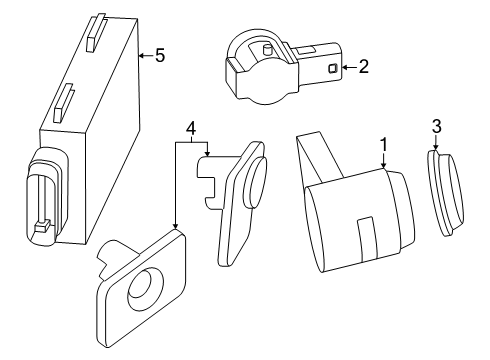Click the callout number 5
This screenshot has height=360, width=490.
click(160, 55)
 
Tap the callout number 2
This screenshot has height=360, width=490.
click(364, 67)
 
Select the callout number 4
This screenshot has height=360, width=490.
click(191, 128)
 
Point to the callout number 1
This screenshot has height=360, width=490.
click(384, 145)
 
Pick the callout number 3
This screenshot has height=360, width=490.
click(436, 126)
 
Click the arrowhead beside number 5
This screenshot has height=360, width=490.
click(142, 55)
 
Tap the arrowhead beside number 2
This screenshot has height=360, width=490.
click(345, 67)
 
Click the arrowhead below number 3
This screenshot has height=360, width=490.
click(436, 148)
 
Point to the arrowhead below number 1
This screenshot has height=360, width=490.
click(384, 165)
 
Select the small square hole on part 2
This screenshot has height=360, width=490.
click(333, 68)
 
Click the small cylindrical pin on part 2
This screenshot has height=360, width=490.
click(267, 50)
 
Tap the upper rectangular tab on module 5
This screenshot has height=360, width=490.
click(96, 33)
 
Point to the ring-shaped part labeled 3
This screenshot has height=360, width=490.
click(446, 193)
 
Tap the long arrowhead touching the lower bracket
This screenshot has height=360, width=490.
click(175, 226)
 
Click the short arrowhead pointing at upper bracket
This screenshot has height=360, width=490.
click(207, 153)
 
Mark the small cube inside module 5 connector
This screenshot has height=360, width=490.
click(42, 227)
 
